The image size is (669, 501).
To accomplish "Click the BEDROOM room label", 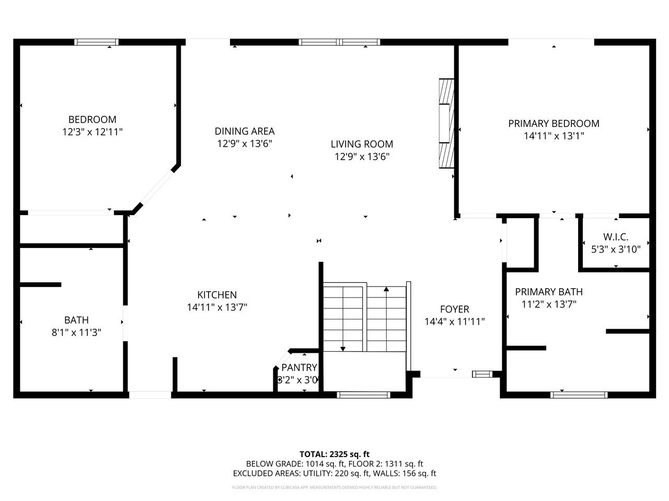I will pyautogui.click(x=93, y=120).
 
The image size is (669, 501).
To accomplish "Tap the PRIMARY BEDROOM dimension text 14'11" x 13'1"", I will pyautogui.click(x=553, y=136).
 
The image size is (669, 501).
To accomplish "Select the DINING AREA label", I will pyautogui.click(x=245, y=131).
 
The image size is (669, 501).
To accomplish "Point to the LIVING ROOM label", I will pyautogui.click(x=362, y=144).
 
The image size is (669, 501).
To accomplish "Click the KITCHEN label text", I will pyautogui.click(x=217, y=295).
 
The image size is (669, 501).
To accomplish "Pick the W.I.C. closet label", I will pyautogui.click(x=616, y=237).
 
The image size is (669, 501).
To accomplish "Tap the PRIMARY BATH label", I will pyautogui.click(x=549, y=292).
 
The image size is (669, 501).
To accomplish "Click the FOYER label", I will pyautogui.click(x=454, y=309).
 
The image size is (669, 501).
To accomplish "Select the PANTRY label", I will pyautogui.click(x=299, y=367).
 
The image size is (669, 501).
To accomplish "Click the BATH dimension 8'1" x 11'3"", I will pyautogui.click(x=76, y=332).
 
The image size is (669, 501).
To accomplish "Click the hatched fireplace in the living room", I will pyautogui.click(x=446, y=124).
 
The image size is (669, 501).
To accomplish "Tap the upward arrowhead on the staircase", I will pyautogui.click(x=386, y=289).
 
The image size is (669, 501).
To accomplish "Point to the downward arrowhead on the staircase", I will pyautogui.click(x=343, y=349).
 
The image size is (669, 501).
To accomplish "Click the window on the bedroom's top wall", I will pyautogui.click(x=96, y=42).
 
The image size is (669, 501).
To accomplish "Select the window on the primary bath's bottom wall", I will pyautogui.click(x=579, y=395).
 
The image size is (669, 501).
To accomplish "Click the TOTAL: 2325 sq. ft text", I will pyautogui.click(x=334, y=454).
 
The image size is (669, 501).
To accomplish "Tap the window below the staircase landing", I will pyautogui.click(x=363, y=395).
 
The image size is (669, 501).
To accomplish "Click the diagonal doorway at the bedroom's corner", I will pyautogui.click(x=157, y=188).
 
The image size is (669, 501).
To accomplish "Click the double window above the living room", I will pyautogui.click(x=340, y=42).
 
